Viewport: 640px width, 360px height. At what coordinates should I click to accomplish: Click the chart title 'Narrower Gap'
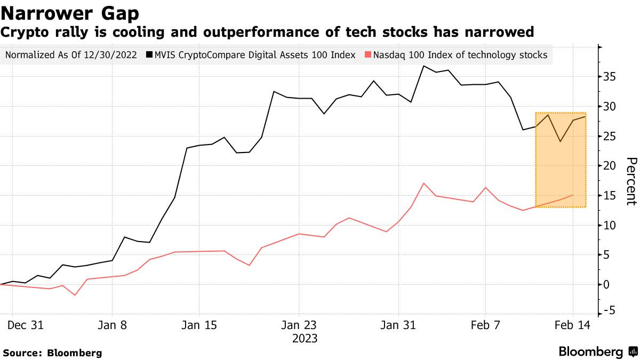tap(70, 13)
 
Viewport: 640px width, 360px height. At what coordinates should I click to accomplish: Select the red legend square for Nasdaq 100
tap(369, 55)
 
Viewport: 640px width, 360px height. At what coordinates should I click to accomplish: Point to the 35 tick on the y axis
tap(610, 77)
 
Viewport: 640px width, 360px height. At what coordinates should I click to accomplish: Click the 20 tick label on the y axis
tap(610, 166)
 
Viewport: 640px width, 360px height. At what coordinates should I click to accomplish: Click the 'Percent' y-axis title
tap(631, 181)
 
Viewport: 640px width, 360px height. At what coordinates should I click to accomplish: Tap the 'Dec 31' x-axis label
tap(26, 325)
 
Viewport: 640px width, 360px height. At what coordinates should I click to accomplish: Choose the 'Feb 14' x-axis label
tap(573, 325)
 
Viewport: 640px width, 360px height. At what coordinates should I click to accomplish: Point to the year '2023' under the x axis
tap(305, 339)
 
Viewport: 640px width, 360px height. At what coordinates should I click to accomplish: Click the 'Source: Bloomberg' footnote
tap(52, 353)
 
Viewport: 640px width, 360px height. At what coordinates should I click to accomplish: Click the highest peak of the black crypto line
tap(423, 66)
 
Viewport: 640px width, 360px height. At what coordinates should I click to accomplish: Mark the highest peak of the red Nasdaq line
tap(423, 183)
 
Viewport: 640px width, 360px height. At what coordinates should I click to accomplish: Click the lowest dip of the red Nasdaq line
tap(75, 295)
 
